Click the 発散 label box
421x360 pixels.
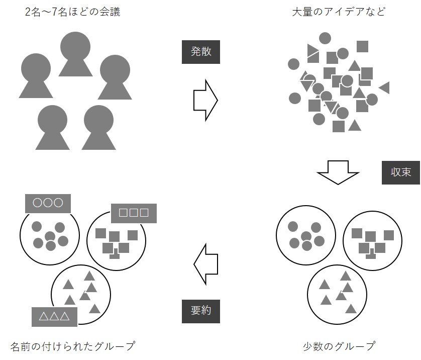tap(201, 51)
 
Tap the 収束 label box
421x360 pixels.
tap(400, 172)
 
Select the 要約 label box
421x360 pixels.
tap(201, 311)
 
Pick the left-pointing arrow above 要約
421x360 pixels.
tap(206, 263)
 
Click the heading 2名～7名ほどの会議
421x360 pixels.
tap(73, 12)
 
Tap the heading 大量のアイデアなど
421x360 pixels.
tap(339, 12)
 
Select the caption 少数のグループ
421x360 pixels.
tap(339, 346)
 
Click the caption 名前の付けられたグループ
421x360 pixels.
tap(73, 346)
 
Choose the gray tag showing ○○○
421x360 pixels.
tap(48, 203)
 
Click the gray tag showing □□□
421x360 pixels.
tap(134, 213)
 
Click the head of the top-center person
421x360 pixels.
tap(75, 46)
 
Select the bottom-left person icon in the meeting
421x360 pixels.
tap(52, 128)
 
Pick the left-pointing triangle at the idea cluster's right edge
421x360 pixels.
tap(385, 88)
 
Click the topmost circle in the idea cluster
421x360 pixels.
tap(325, 38)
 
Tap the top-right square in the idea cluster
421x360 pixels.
tap(362, 47)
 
